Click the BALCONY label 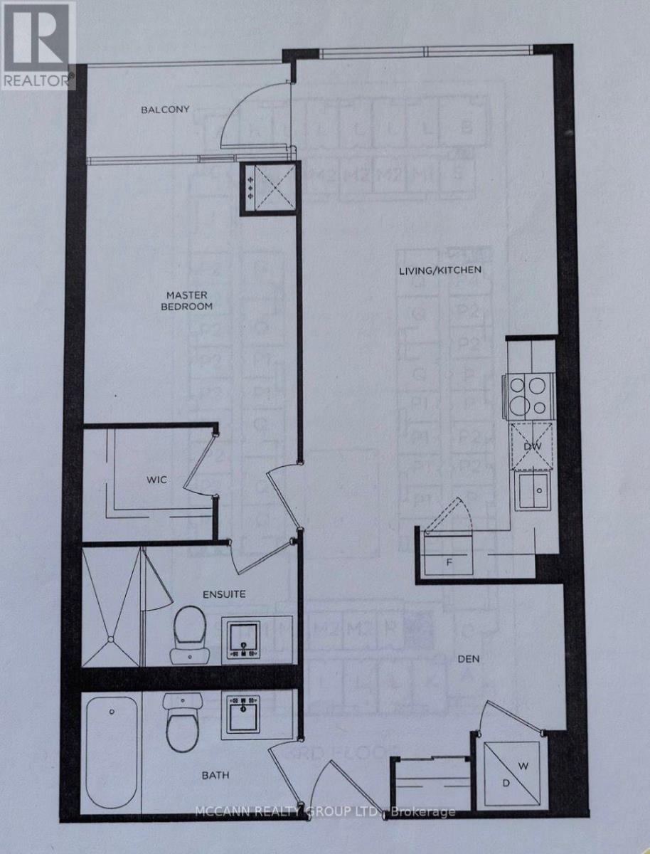click(x=164, y=110)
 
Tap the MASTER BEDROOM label click(x=190, y=300)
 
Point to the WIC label click(x=158, y=480)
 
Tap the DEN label click(x=469, y=659)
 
